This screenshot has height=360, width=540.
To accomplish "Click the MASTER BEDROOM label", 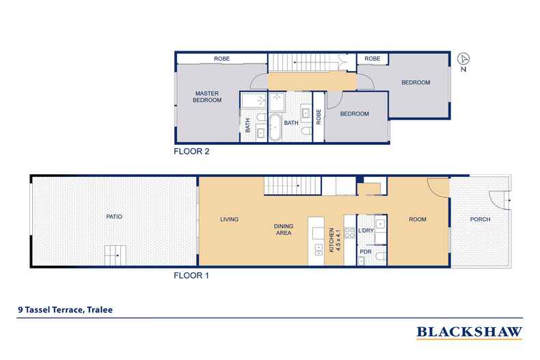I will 208,97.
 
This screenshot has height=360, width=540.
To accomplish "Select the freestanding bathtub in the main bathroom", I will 273,126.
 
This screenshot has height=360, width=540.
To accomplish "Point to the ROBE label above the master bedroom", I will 221,59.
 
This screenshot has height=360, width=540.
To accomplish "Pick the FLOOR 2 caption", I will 191,152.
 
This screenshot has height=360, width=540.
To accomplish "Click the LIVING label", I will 228,220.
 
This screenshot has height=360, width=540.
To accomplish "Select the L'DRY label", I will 366,231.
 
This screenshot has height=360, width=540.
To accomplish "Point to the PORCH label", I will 479,220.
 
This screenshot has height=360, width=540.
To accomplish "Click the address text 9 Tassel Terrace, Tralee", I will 65,309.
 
